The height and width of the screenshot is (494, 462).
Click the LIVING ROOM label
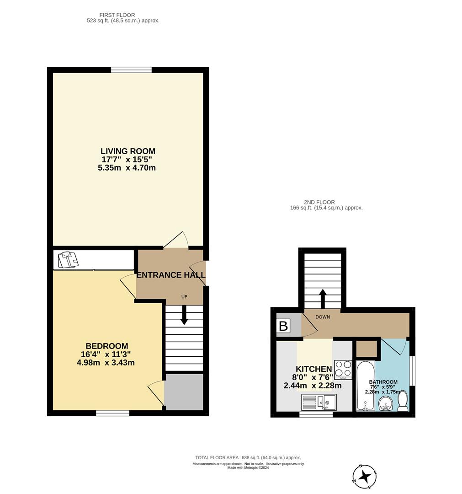tap(128, 151)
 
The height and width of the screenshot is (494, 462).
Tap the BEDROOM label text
tap(107, 346)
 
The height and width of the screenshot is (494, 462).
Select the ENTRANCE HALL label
tap(171, 275)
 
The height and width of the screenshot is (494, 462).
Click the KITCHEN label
tap(313, 369)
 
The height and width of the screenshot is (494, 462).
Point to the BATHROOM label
tap(383, 382)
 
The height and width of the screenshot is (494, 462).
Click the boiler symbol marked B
tap(283, 326)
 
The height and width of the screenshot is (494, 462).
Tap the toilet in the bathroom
tap(403, 401)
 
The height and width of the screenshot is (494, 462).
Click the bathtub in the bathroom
tap(365, 386)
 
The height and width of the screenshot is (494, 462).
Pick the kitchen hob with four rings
tap(343, 370)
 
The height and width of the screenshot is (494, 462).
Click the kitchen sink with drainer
tap(319, 403)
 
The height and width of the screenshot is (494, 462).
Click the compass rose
tap(365, 477)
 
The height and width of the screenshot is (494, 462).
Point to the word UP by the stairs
tap(184, 297)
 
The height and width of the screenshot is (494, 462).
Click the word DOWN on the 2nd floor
tap(322, 317)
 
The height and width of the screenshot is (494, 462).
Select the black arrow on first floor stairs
tap(184, 315)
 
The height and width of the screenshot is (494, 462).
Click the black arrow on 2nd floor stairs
tap(322, 299)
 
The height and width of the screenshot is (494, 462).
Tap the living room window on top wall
tap(131, 70)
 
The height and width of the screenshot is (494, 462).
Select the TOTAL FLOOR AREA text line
tap(248, 457)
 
